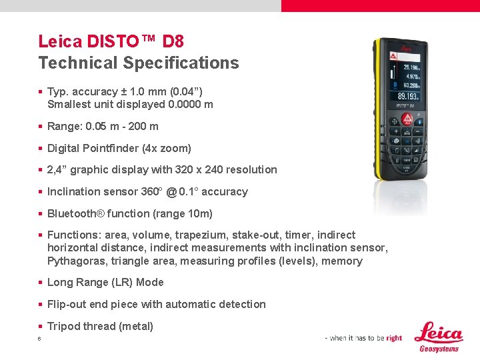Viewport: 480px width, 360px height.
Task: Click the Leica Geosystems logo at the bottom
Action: tap(438, 337)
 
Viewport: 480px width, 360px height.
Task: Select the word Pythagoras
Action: tap(77, 261)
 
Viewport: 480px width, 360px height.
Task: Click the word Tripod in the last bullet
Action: tap(64, 326)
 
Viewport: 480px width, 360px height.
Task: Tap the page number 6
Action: tap(40, 339)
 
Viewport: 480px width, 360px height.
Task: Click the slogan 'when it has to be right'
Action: tap(363, 338)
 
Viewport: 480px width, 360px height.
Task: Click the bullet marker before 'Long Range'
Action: tap(41, 283)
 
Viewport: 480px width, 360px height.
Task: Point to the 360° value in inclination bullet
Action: tap(151, 191)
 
